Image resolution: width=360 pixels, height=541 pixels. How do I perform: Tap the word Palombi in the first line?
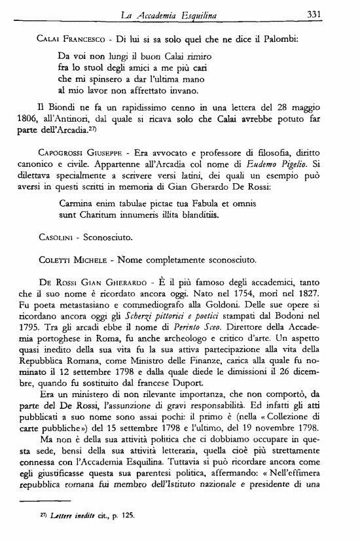(281, 39)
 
